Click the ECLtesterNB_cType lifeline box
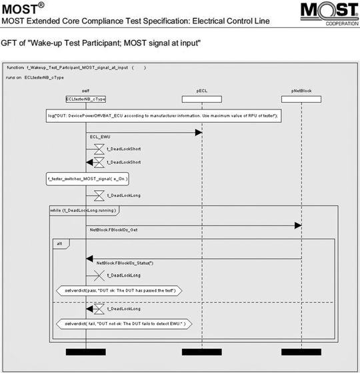pos(85,99)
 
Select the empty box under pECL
pos(201,99)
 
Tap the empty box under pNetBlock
pos(301,99)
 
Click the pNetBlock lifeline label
pos(301,91)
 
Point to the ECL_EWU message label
pos(100,137)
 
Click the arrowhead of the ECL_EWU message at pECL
pos(198,133)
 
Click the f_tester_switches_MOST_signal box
pos(87,179)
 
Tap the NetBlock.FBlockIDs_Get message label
pos(114,230)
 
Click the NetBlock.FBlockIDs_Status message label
pos(125,263)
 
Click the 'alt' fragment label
pos(59,244)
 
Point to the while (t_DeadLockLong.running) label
pos(84,211)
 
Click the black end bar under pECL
pos(201,352)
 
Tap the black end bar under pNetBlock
pos(301,352)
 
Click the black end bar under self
pos(85,352)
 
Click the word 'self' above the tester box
pos(85,91)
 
